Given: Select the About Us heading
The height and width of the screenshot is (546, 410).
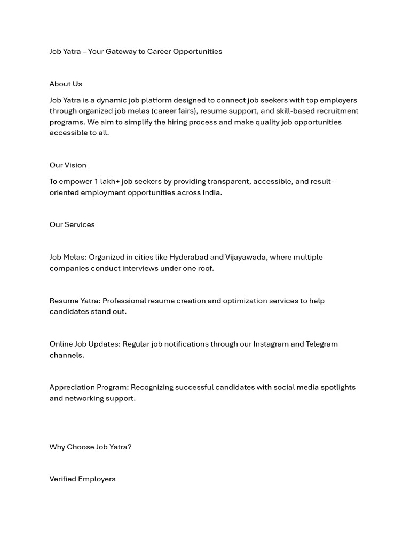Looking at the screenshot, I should point(66,84).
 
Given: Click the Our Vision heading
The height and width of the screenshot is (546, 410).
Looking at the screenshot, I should point(68,165).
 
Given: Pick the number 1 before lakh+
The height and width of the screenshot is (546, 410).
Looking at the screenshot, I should point(96,182).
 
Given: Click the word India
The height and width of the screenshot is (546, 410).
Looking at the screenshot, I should point(211,192).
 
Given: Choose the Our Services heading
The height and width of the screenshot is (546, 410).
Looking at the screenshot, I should point(72,224).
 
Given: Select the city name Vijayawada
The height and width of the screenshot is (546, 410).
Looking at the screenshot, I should point(245,257).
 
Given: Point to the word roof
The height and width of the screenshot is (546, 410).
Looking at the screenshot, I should point(206,268).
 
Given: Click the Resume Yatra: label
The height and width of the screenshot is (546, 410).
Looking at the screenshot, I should point(75,301).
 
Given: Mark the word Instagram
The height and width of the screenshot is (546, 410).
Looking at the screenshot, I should point(270,344).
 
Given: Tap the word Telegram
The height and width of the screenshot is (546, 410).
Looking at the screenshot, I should point(321,344).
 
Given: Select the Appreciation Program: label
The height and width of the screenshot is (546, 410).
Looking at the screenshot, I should point(89,387).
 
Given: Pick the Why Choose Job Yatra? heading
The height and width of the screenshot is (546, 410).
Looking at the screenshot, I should point(90,447).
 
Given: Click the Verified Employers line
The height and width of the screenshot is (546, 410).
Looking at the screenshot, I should point(82,479).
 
